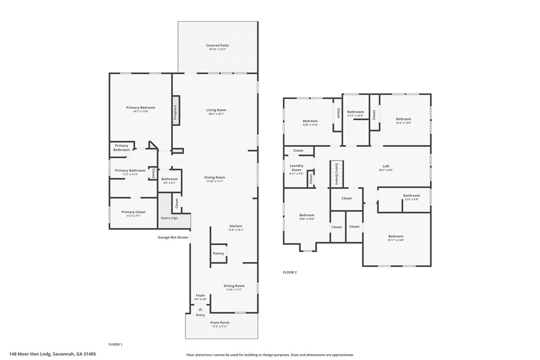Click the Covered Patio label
coord(217,45)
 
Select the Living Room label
coord(216,110)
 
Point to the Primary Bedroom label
coord(141,107)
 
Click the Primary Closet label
coord(133,212)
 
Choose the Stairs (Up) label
coord(169,218)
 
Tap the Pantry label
coord(218,253)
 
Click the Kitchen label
coord(236,226)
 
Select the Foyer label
coord(200,295)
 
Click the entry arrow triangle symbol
coord(200,309)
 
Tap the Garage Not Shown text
coord(173,237)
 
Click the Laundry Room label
coord(296,168)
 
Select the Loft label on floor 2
coord(386,166)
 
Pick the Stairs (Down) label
coord(337,174)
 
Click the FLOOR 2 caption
coord(290,272)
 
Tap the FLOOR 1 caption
coord(115,344)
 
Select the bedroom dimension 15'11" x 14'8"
coord(396,240)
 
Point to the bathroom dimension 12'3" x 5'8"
coord(411,199)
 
